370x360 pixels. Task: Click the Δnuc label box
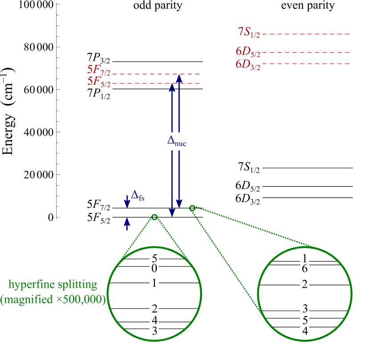tap(177, 141)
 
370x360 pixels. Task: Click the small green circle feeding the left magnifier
tap(154, 217)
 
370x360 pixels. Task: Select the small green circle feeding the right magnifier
tap(192, 208)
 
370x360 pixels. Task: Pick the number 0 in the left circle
tap(154, 269)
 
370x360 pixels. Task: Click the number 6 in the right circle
tap(305, 269)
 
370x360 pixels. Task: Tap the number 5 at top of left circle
tap(154, 259)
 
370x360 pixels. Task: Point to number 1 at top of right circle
tap(305, 258)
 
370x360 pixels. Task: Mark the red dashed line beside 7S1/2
tap(306, 34)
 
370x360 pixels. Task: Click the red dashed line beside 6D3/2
tap(306, 64)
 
